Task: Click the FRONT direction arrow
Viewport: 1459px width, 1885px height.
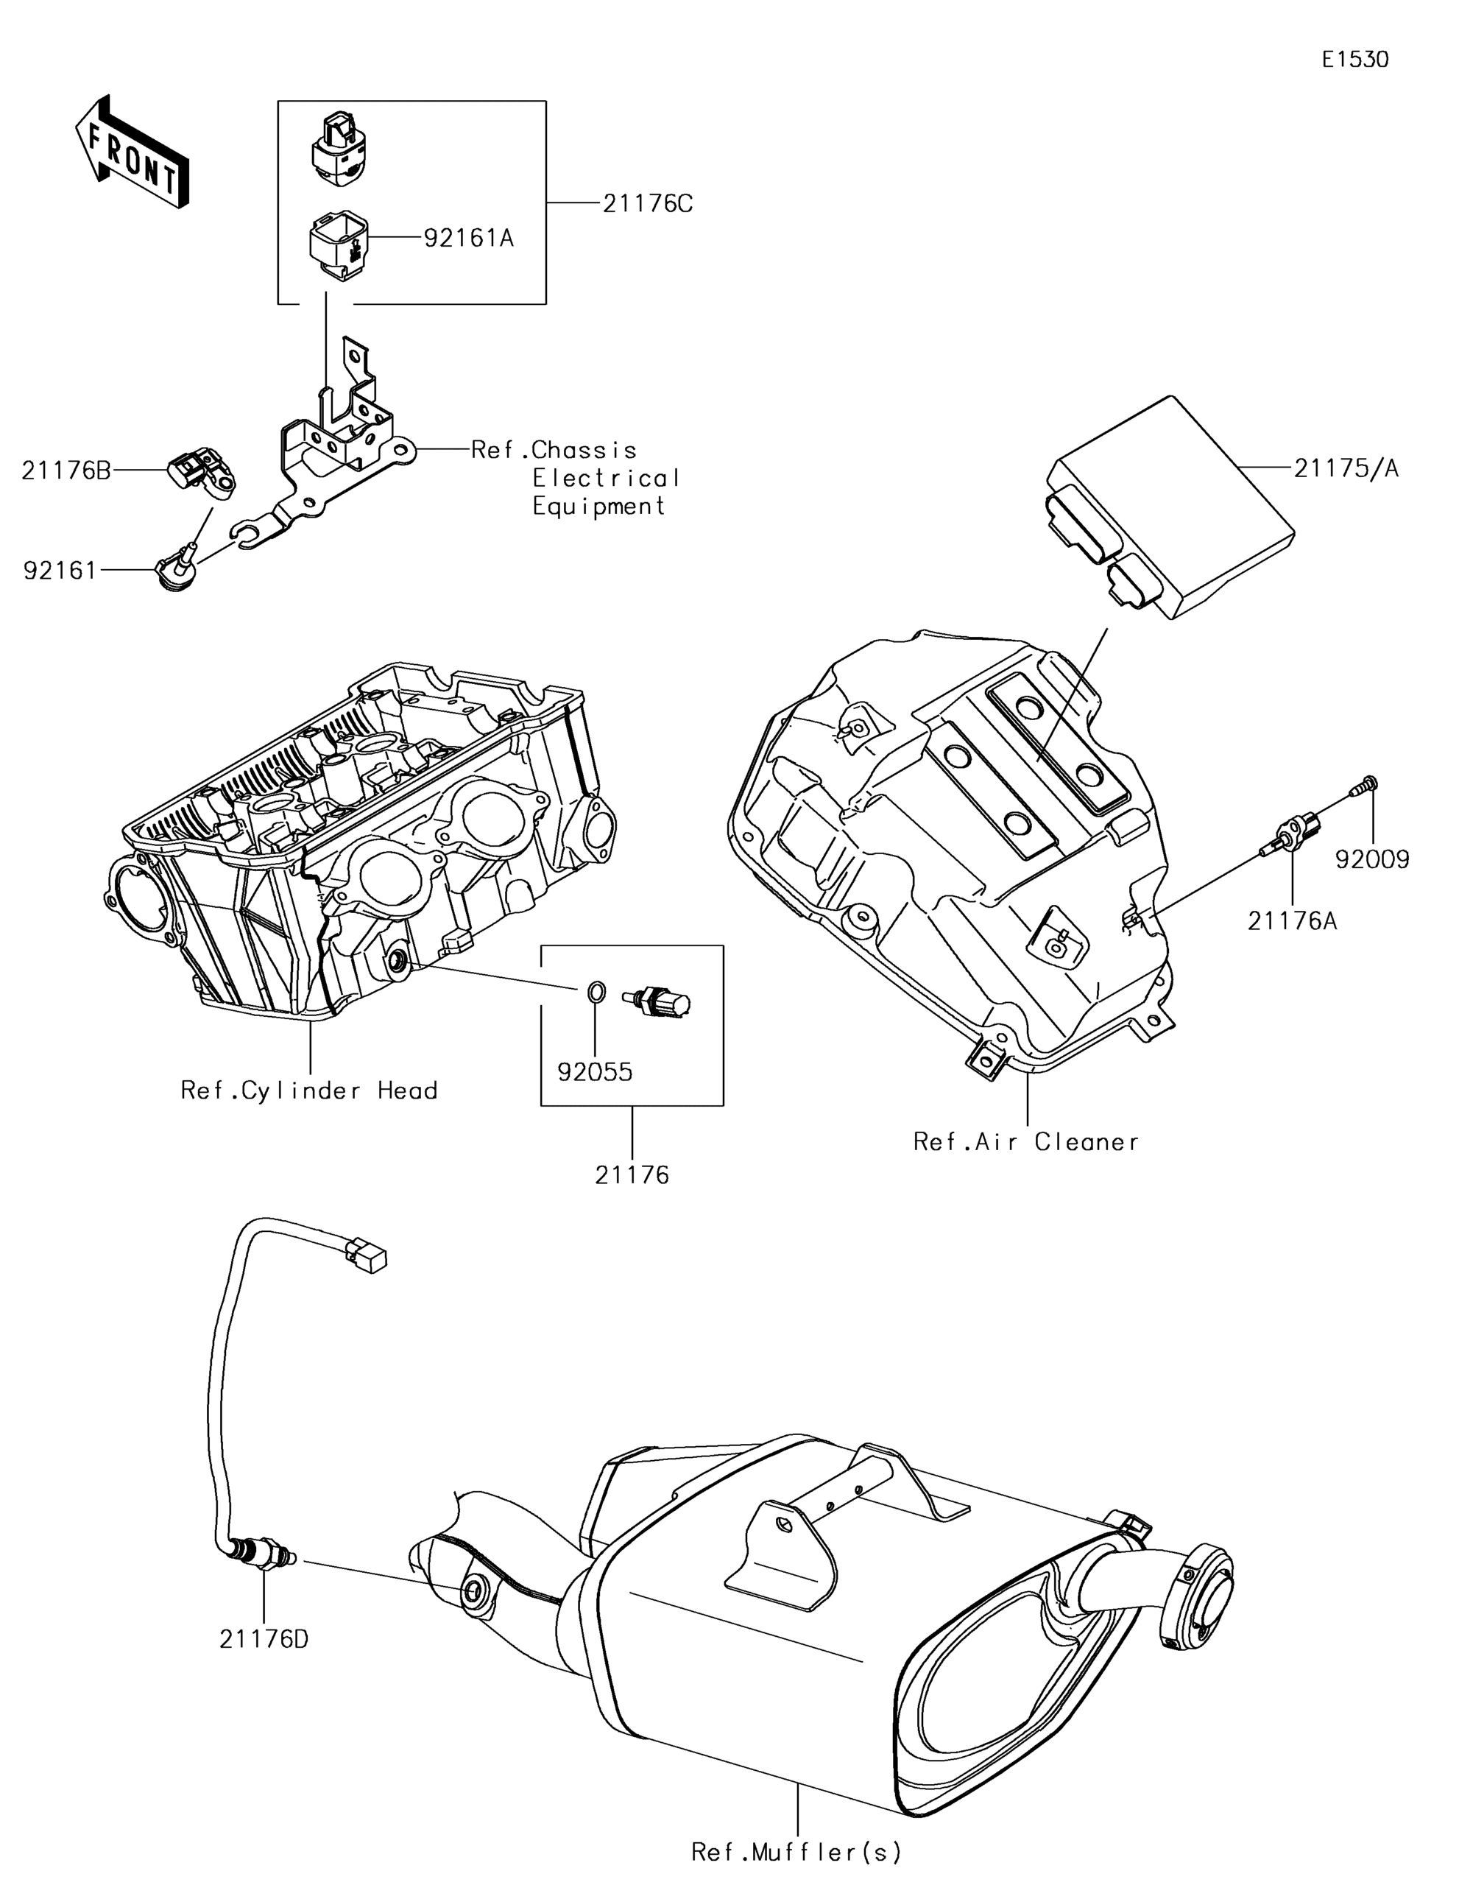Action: tap(132, 152)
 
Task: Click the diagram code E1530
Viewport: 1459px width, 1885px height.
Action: tap(1355, 60)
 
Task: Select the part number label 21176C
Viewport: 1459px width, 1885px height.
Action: tap(647, 205)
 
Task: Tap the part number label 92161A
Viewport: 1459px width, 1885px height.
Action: tap(468, 239)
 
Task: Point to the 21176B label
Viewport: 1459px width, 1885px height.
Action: tap(66, 471)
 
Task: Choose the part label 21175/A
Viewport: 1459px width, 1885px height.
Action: tap(1346, 468)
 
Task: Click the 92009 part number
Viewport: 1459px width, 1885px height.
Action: tap(1372, 859)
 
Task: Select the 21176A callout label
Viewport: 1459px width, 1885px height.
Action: tap(1293, 921)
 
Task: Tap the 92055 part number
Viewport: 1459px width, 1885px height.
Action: tap(595, 1072)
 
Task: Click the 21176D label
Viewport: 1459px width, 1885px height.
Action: tap(263, 1638)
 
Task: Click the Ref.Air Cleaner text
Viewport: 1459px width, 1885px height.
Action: tap(1026, 1142)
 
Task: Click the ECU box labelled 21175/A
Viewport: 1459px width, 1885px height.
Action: tap(1170, 507)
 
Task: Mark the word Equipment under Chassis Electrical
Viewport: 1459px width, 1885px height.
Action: tap(598, 507)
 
